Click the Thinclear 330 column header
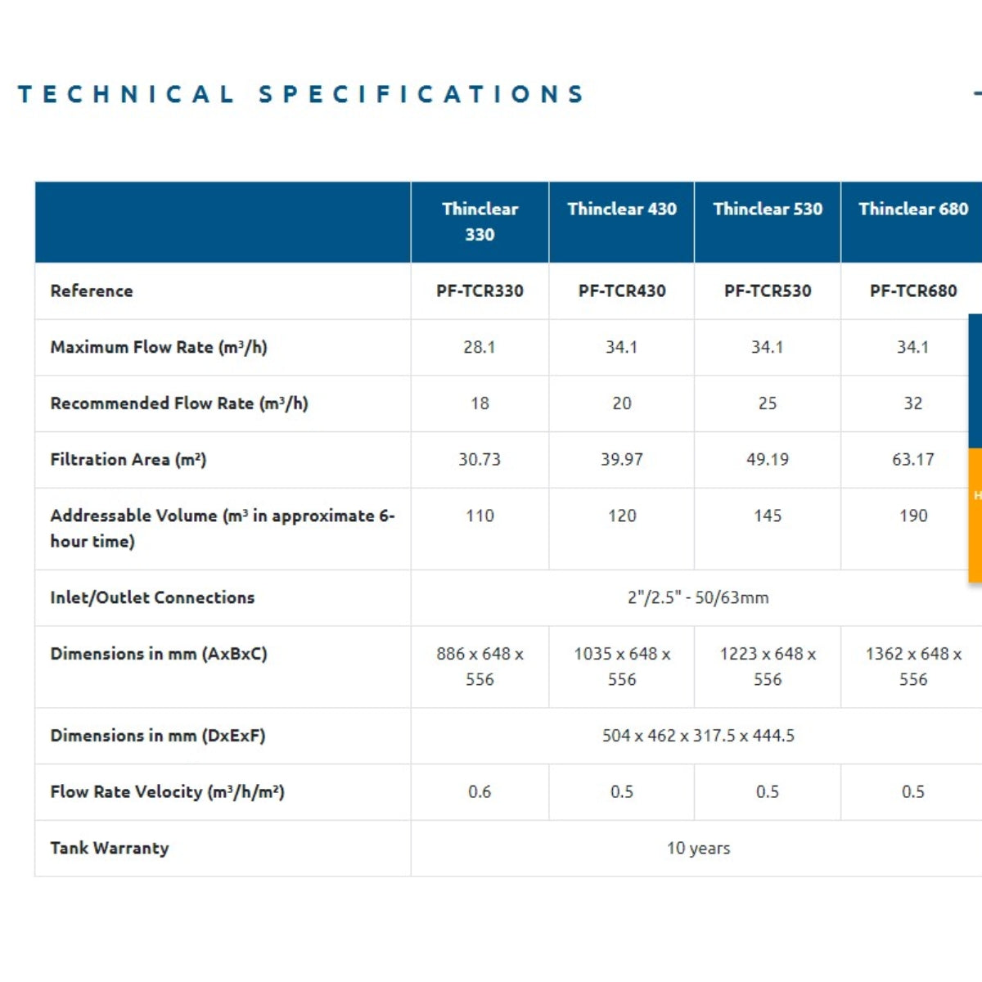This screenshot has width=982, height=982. pos(480,222)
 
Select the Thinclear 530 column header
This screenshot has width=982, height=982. pos(768,209)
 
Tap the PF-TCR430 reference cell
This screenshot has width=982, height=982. pos(622,291)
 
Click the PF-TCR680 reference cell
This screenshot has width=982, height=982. pos(913,291)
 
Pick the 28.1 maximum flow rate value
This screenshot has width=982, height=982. pos(480,347)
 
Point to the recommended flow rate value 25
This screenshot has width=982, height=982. pos(768,403)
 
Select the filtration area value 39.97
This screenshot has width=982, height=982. pos(622,460)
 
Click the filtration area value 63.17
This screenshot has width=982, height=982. pos(913,460)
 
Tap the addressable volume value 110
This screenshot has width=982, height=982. pos(480,516)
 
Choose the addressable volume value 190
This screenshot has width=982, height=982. pos(913,516)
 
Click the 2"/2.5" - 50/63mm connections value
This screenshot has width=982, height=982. pos(698,597)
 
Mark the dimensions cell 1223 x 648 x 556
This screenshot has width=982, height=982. pos(768,666)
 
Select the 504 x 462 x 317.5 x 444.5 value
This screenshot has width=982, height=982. pos(698,736)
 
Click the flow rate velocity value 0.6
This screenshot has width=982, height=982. pos(480,792)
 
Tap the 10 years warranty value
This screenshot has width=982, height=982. pos(698,849)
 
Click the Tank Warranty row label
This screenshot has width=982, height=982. pos(110,848)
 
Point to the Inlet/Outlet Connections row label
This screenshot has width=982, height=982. pos(152,597)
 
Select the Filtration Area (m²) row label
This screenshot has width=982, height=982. pos(128,460)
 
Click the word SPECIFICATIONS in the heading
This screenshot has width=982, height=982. pos(421,94)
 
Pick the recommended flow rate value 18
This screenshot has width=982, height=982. pos(480,403)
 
